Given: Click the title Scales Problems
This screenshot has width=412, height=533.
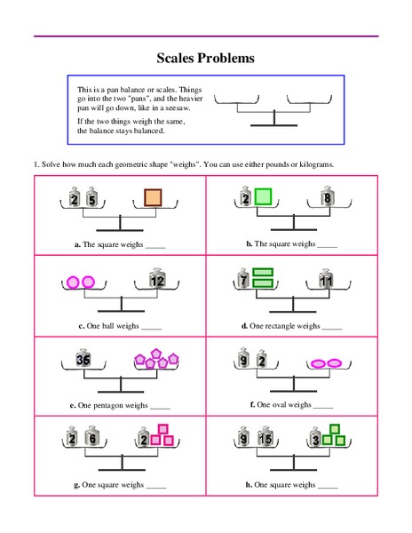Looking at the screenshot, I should tap(206, 58).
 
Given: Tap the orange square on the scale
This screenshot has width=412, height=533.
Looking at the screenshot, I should tap(153, 198).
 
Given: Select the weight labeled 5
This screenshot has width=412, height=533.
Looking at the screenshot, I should tap(91, 199).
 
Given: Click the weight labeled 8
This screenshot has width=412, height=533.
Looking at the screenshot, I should tap(329, 199).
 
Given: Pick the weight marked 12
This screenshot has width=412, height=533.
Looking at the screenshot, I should tap(157, 281).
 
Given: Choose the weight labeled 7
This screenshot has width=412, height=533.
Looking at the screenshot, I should tap(242, 282).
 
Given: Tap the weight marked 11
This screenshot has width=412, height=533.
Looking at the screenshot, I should tap(325, 282).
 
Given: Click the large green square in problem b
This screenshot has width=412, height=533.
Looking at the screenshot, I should tap(263, 197).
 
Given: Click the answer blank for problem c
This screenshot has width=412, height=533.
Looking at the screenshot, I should tap(151, 326).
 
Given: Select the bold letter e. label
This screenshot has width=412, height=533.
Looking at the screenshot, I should tap(73, 405).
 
